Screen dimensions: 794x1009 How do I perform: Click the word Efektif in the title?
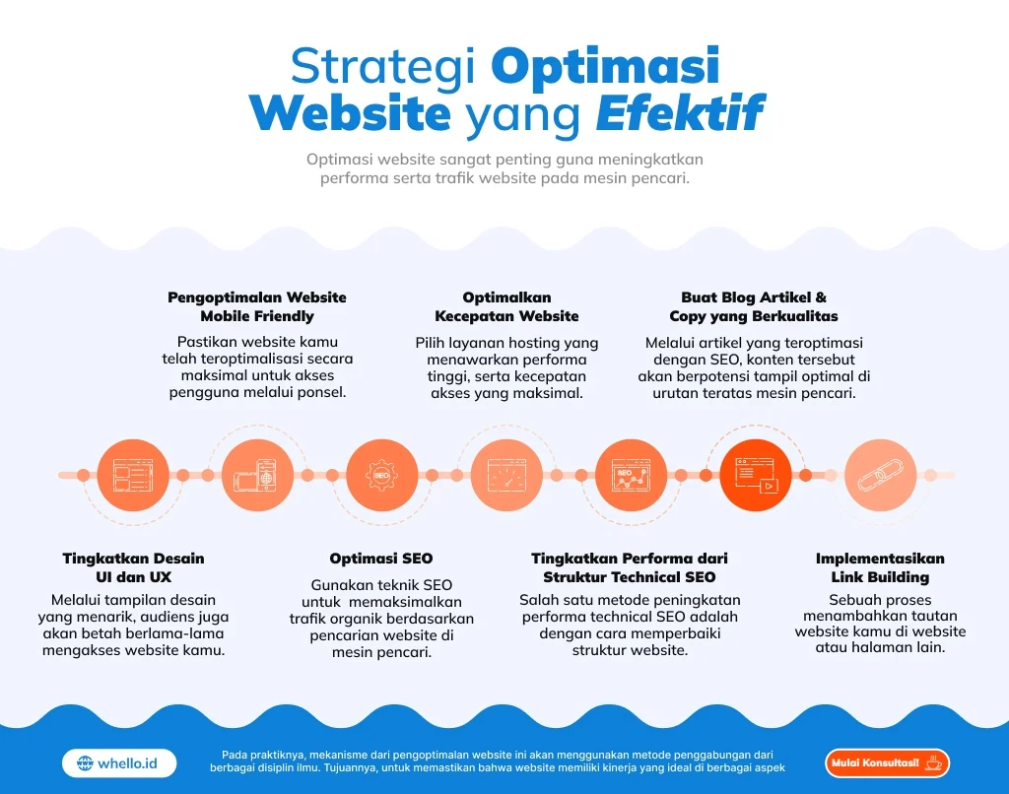coord(679,114)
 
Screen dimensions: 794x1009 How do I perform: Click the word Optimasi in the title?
coord(604,66)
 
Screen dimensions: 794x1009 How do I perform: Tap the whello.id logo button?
coord(119,762)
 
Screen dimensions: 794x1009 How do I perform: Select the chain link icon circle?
coord(880,475)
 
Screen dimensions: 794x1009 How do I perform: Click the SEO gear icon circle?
coord(382,475)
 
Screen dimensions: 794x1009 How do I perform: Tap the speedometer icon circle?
coord(506,475)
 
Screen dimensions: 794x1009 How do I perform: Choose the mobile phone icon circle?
coord(258,475)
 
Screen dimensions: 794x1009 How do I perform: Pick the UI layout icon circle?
coord(134,475)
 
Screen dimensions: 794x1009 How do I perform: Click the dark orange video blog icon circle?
coord(756,475)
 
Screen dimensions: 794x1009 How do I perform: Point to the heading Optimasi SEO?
coord(381,559)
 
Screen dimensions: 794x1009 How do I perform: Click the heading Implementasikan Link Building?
coord(880,567)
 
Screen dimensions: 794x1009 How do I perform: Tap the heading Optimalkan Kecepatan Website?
coord(506,306)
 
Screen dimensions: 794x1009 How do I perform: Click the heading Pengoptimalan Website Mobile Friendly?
coord(257,306)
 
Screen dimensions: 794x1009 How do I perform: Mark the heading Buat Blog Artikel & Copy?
coord(754,306)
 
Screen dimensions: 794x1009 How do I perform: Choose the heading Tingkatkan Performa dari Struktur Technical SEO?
coord(630,567)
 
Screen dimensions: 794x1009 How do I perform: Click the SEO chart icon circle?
coord(631,475)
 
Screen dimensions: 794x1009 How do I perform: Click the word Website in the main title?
coord(350,114)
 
